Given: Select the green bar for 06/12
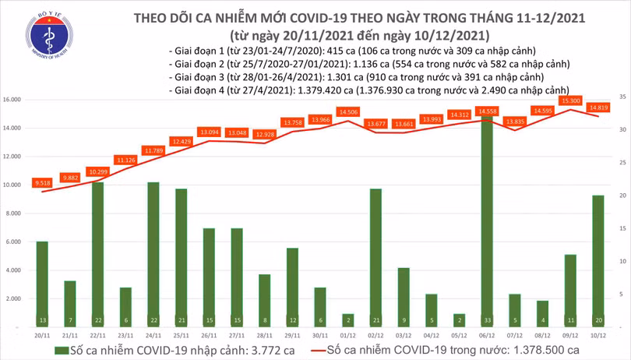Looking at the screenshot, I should (486, 218).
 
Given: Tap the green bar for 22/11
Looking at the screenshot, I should (97, 249).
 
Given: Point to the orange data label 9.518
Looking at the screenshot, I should (42, 183).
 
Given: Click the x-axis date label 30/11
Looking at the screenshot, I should (319, 334).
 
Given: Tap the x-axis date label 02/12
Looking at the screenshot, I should (375, 334).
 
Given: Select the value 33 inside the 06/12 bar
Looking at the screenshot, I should (486, 319).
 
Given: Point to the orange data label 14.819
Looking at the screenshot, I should (598, 108).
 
